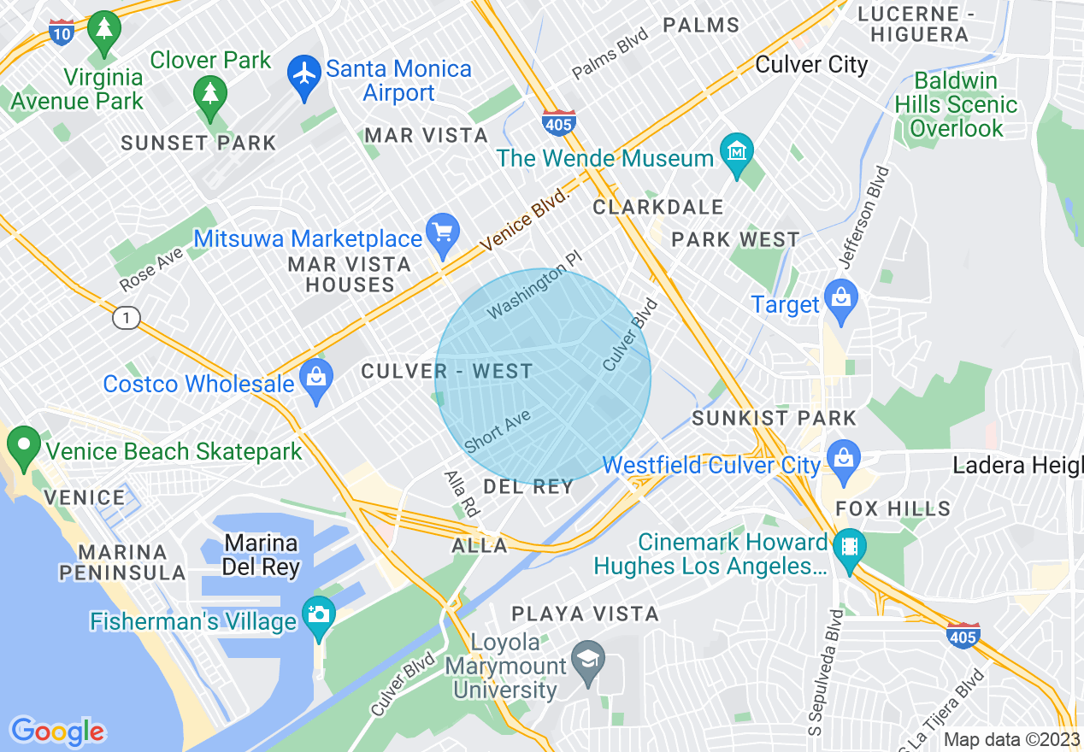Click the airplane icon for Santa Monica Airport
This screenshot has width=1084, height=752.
pyautogui.click(x=303, y=72)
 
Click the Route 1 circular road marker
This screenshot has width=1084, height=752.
pyautogui.click(x=126, y=319)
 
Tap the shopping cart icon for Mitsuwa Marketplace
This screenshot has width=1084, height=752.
pyautogui.click(x=443, y=234)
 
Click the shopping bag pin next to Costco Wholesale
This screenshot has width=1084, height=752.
pyautogui.click(x=316, y=380)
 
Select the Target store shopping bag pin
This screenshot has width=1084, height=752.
pyautogui.click(x=841, y=301)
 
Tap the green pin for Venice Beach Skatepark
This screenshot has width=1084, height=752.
pyautogui.click(x=22, y=447)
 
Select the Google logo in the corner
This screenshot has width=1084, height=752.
pyautogui.click(x=57, y=731)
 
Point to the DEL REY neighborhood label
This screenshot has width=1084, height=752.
pyautogui.click(x=527, y=487)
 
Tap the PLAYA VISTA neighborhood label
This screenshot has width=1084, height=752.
pyautogui.click(x=585, y=614)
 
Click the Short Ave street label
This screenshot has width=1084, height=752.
pyautogui.click(x=498, y=432)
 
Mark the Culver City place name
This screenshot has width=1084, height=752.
pyautogui.click(x=811, y=65)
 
